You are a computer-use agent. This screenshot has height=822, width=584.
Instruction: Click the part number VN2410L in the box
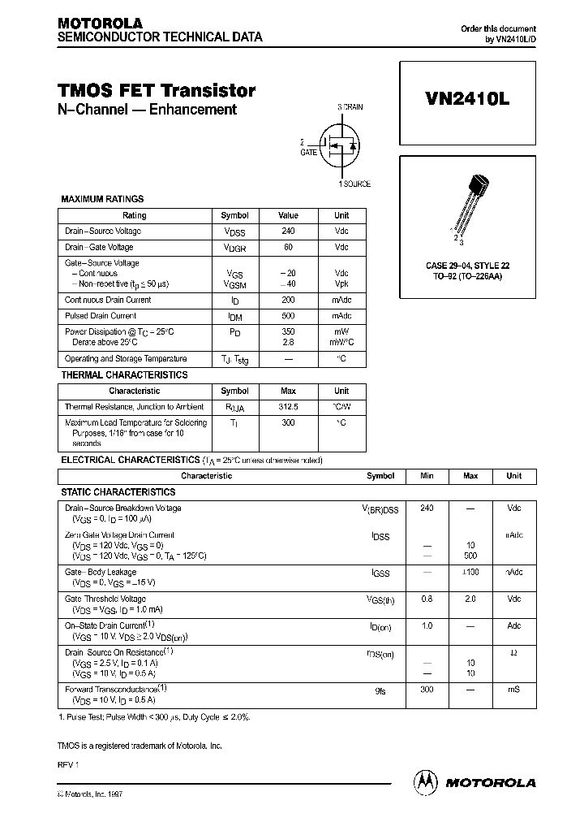click(467, 97)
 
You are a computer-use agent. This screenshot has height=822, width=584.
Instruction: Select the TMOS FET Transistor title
click(157, 91)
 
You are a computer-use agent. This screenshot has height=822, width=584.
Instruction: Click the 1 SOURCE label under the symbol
click(354, 184)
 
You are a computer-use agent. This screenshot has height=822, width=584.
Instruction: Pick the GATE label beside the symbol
click(309, 152)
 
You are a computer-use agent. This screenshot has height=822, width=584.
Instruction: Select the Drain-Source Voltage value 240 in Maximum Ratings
click(288, 231)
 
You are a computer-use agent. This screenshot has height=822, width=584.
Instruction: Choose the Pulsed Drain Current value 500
click(288, 315)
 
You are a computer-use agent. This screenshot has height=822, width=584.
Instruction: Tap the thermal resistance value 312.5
click(288, 406)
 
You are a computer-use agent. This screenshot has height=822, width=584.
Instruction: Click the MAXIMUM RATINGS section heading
click(102, 199)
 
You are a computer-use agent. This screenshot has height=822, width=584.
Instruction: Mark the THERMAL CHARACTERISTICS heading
click(124, 375)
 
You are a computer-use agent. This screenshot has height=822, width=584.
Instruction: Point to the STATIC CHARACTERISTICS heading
click(118, 492)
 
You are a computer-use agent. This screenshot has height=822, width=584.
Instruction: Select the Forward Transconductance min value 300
click(427, 689)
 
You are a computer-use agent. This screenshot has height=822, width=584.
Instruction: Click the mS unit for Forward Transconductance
click(513, 689)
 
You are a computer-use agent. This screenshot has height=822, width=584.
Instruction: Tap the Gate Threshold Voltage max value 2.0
click(470, 599)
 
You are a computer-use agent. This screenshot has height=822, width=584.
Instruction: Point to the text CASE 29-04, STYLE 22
click(467, 266)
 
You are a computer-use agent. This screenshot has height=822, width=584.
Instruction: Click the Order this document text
click(498, 28)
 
